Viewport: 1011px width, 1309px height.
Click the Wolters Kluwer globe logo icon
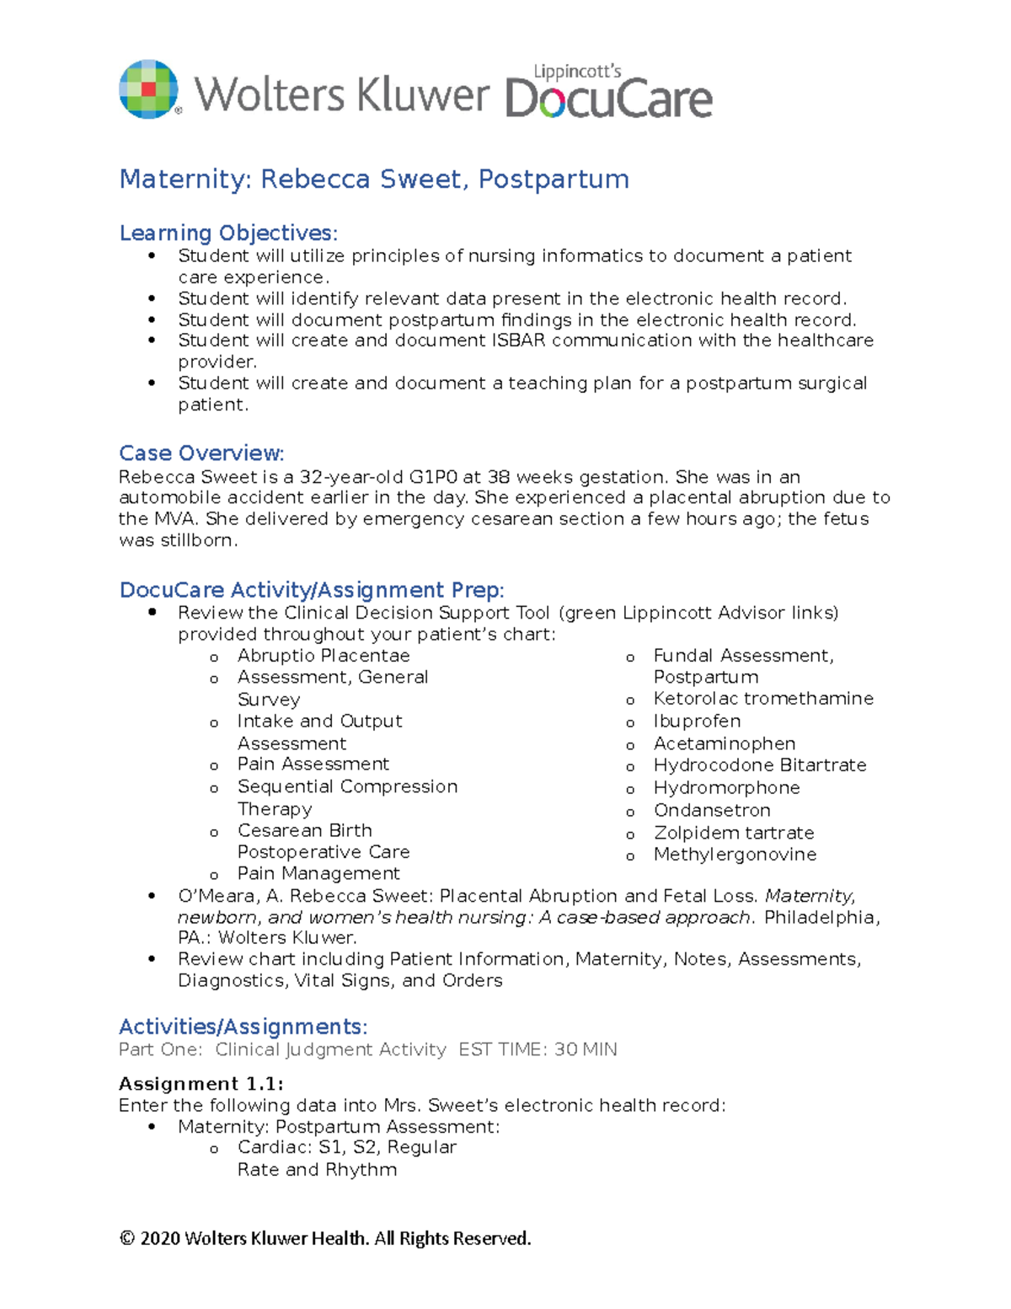(149, 89)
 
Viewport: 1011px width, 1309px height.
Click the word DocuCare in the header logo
(608, 99)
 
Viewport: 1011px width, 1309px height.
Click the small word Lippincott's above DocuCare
(577, 72)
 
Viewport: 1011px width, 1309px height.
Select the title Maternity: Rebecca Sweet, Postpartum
(374, 180)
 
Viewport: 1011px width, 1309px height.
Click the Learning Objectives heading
(228, 233)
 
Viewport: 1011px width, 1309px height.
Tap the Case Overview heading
(201, 453)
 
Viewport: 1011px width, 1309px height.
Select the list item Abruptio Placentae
(324, 656)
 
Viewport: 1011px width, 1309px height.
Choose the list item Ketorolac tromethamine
(763, 699)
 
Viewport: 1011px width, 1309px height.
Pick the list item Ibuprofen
(698, 722)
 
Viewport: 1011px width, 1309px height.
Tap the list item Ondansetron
(712, 810)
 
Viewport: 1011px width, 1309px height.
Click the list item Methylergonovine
(735, 855)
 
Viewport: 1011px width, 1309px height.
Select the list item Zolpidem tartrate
(734, 833)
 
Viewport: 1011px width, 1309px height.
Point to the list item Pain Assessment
(313, 764)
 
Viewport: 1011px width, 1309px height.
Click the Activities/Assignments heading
(243, 1027)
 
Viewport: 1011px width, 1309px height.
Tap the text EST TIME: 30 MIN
(538, 1049)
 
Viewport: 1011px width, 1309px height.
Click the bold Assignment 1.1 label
(201, 1084)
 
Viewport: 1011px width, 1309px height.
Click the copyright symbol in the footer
(127, 1238)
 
